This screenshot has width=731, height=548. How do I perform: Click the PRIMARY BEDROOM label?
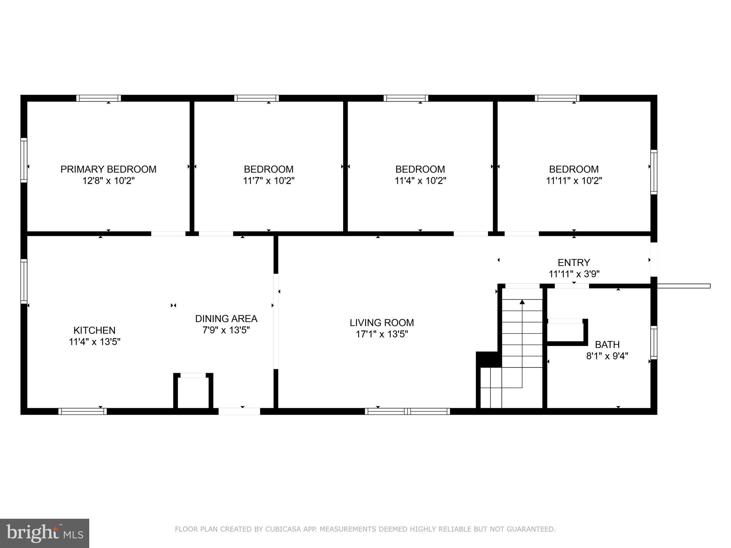[108, 169]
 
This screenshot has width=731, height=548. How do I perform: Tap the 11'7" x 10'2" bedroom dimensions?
[268, 181]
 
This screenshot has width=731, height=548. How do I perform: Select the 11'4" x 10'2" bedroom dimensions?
[420, 181]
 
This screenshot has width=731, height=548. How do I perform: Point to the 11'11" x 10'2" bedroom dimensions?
[574, 181]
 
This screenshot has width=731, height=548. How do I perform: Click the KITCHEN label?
[94, 330]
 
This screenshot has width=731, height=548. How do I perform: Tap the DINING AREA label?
[226, 319]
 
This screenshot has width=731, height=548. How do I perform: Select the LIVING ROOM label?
[382, 323]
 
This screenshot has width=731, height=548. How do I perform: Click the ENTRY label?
[574, 263]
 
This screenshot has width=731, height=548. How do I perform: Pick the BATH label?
[607, 345]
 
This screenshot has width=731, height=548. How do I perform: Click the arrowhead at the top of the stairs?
[522, 302]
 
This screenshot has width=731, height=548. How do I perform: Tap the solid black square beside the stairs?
[488, 359]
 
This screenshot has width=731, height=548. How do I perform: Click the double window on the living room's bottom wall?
[407, 411]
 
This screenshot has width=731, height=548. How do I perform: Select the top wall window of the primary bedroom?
[99, 98]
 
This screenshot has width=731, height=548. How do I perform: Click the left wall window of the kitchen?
[24, 281]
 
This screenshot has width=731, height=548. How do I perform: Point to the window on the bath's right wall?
[654, 342]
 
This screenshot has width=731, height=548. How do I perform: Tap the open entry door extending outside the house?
[683, 286]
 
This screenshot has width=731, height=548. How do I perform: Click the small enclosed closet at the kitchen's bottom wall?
[193, 392]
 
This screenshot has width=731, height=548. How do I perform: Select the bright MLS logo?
[44, 533]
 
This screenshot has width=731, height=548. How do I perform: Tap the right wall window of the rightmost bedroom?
[654, 172]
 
